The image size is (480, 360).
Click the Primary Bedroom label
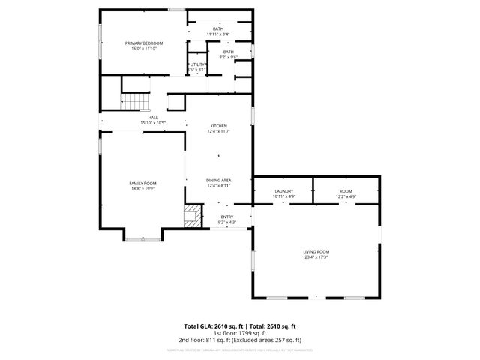point(143,43)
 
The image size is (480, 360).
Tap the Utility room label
point(197,64)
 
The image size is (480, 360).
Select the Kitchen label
point(218,126)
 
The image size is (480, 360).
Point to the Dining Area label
point(218,181)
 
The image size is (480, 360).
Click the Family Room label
point(142,183)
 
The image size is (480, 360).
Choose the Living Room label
point(316,251)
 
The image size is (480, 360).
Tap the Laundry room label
point(283,191)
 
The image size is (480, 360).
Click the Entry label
point(226,217)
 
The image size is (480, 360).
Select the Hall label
point(152,118)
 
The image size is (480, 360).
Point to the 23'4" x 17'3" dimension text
point(316,257)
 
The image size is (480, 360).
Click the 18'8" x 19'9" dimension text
point(142,189)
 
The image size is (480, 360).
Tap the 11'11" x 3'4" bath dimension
point(218,34)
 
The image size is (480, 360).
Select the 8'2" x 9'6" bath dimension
point(228,57)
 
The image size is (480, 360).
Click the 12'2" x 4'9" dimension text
point(346,196)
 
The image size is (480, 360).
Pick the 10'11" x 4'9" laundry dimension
point(283,196)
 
